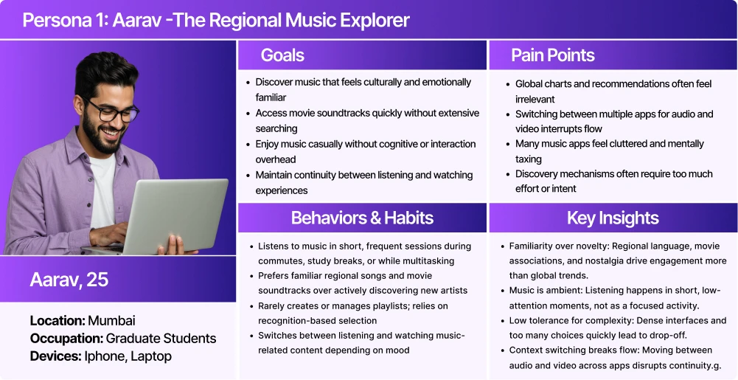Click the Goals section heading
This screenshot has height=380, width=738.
pos(282,55)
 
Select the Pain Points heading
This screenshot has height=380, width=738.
pos(552,55)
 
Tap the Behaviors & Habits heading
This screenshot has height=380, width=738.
pos(362,218)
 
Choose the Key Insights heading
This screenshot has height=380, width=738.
pos(613,218)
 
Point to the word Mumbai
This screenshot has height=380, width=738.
pos(111,321)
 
